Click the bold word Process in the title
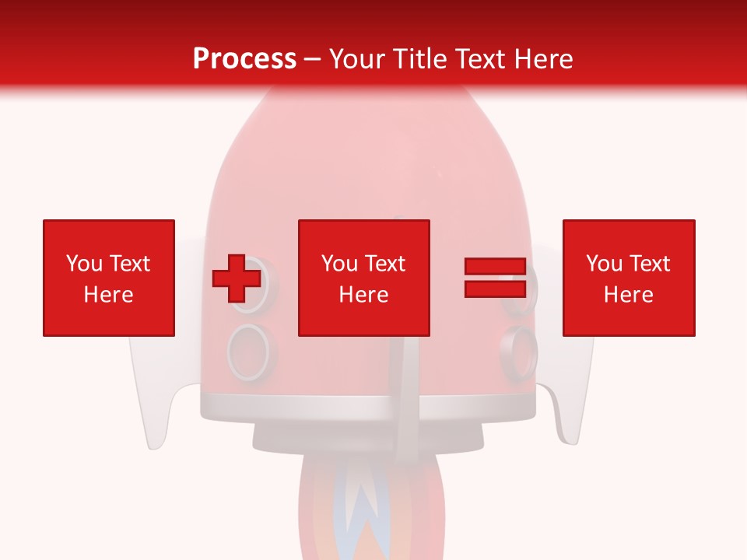(x=244, y=59)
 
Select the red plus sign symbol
(x=237, y=278)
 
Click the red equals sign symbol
(x=495, y=278)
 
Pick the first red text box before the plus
(x=108, y=278)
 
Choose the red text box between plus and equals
(x=363, y=278)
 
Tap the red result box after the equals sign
(x=628, y=278)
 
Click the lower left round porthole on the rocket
(x=249, y=352)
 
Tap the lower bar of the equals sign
(x=495, y=289)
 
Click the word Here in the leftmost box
(x=108, y=295)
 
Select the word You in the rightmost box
(x=603, y=264)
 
